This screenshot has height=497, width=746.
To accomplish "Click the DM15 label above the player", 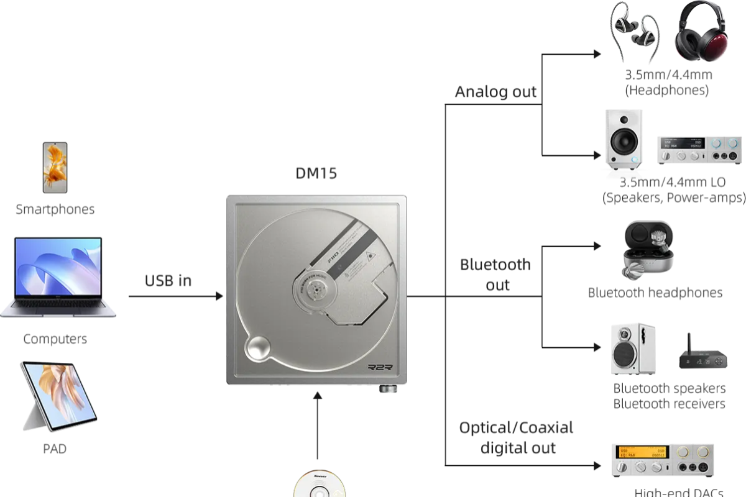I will pos(316,173).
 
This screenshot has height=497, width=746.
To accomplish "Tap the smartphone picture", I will pos(55,166).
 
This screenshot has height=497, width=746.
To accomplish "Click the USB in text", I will pos(168,281).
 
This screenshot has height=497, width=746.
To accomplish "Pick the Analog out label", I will pos(495,92).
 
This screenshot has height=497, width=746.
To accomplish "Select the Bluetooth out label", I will pos(495,274).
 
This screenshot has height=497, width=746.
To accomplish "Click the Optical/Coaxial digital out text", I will pos(516,437).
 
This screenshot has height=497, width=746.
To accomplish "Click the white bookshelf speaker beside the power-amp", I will pos(624,140).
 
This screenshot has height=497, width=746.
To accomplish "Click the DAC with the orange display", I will pos(662,460).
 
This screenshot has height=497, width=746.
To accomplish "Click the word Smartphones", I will pos(55,209).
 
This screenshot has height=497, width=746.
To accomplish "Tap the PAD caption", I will pos(55,449).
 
